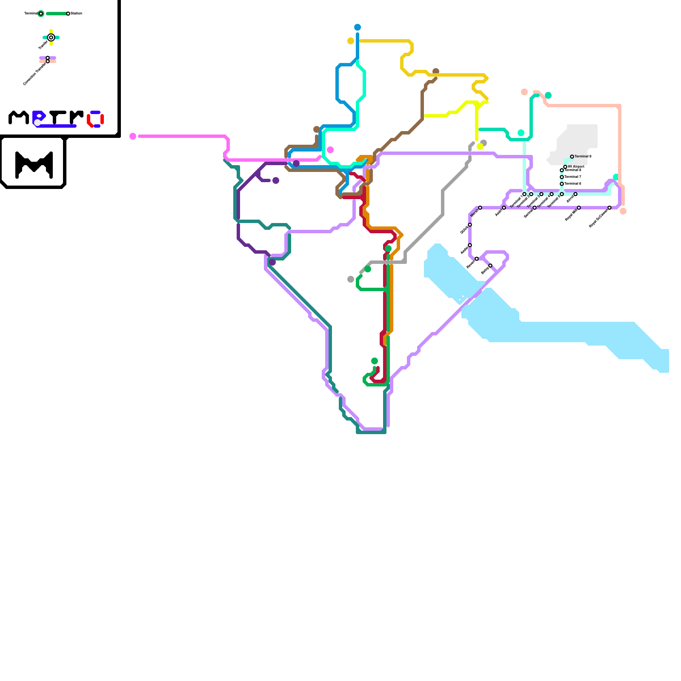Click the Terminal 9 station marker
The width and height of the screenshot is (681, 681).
point(572,157)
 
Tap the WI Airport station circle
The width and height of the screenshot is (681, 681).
point(565,167)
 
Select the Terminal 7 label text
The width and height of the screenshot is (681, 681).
point(573,177)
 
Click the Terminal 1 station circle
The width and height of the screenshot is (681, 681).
point(524,194)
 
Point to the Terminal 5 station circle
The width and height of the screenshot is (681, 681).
point(562,194)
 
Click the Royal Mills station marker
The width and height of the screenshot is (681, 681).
point(579,208)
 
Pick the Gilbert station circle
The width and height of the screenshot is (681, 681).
point(470,225)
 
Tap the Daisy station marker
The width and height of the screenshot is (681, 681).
point(490,266)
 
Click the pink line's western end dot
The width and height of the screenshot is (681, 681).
point(133,136)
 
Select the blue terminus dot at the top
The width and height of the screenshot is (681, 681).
point(358,27)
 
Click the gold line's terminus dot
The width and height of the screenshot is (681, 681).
point(351,41)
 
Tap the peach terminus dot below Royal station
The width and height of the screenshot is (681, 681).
point(623,211)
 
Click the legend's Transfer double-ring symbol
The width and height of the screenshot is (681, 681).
point(51,37)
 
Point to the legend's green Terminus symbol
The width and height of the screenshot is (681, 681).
point(41,14)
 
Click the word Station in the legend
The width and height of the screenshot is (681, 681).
point(77,14)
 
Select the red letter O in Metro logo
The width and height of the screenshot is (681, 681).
point(96,119)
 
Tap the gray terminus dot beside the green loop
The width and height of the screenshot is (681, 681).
point(351,279)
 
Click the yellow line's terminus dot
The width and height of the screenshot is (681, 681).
point(480,146)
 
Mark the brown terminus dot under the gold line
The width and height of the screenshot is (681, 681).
point(436,72)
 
